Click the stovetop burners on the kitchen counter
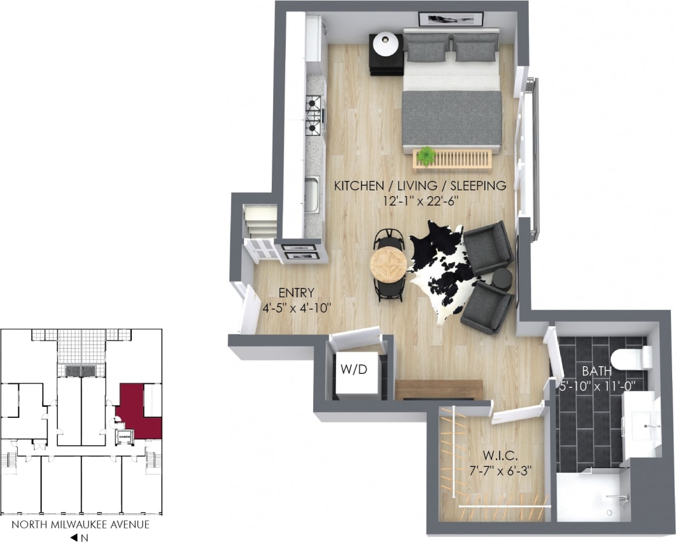coord(313,114)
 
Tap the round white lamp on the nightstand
coord(386,44)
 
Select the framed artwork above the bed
coord(451,19)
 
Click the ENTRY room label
coord(297,293)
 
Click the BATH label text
coord(597,371)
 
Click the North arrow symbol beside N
coord(74,538)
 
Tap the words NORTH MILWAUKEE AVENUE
coord(81,525)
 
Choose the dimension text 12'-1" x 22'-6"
coord(420,200)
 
